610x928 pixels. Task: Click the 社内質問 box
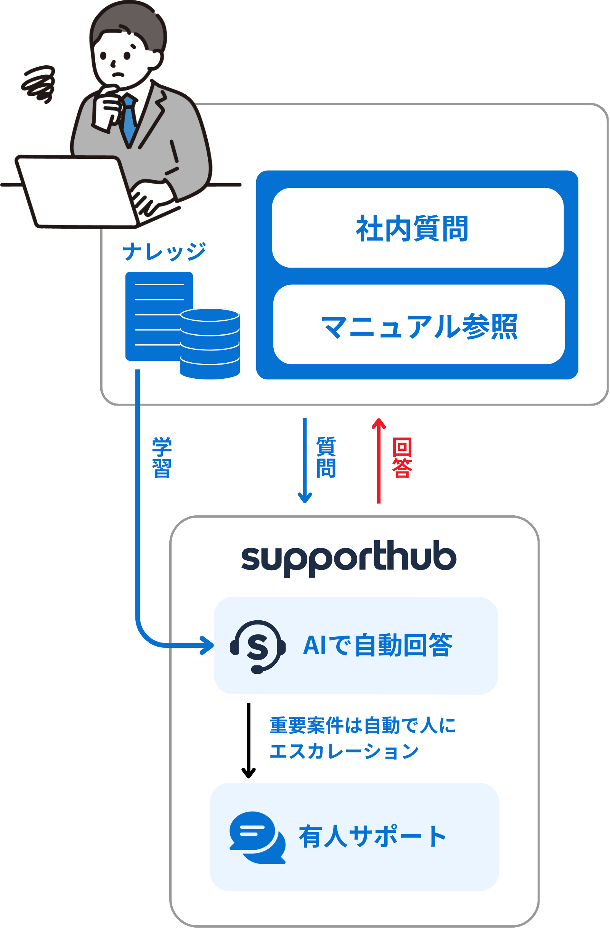tap(417, 228)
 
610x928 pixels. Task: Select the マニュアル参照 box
tap(419, 325)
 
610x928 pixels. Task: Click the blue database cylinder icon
tap(210, 343)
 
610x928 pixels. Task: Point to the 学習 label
tap(162, 457)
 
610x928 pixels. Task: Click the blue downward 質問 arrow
tap(305, 460)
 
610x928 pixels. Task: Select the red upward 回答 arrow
tap(378, 460)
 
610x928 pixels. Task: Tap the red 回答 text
tap(402, 458)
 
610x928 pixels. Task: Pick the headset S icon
tap(257, 647)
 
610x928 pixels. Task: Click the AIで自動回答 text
tap(377, 645)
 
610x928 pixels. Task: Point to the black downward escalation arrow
tap(249, 740)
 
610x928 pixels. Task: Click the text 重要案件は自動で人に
tap(362, 725)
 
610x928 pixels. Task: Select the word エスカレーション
tap(344, 751)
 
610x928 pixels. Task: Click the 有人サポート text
tap(372, 836)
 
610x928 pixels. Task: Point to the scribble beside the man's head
tap(39, 84)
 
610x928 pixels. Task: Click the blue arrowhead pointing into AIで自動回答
tap(207, 645)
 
